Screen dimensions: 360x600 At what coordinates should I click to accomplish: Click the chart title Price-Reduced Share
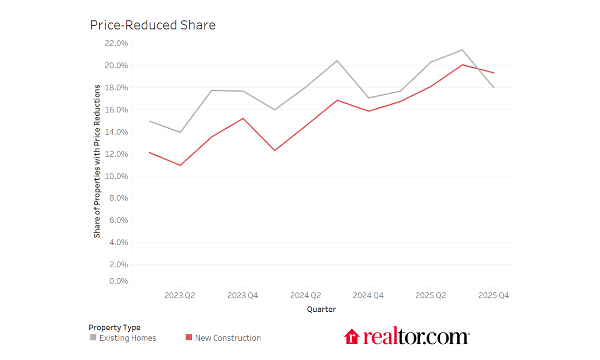point(153,25)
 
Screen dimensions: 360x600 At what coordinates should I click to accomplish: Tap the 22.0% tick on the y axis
point(116,43)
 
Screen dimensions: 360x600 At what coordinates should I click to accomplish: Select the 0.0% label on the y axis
point(118,281)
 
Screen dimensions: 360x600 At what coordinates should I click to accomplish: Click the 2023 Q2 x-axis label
point(180,295)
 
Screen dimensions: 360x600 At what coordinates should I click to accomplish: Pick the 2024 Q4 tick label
point(368,295)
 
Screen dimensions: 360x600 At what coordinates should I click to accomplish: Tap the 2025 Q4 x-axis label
point(493,295)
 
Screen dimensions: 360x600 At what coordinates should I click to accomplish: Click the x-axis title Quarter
point(321,309)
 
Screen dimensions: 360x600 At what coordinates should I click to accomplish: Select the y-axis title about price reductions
point(97,161)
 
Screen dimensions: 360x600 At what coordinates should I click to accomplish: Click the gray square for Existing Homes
point(93,337)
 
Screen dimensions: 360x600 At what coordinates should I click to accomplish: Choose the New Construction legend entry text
point(228,338)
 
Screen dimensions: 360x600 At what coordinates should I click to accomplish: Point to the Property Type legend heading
point(114,327)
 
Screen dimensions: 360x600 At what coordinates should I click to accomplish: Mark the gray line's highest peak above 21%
point(462,50)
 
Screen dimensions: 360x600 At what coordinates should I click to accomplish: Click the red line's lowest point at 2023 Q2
point(180,165)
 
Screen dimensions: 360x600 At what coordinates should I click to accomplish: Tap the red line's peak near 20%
point(462,65)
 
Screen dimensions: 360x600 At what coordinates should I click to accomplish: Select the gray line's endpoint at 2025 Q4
point(494,88)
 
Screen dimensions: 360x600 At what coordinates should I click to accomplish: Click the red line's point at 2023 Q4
point(243,118)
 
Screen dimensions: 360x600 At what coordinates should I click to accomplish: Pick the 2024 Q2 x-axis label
point(305,295)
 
